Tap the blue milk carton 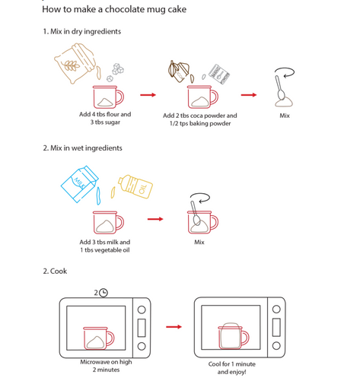pos(79,184)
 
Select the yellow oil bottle pos(135,186)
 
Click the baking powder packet pos(219,74)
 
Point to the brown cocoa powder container pos(179,71)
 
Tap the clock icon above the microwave pos(104,293)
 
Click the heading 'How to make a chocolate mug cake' pos(114,9)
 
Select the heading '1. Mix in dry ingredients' pos(82,31)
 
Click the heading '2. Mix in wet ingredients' pos(82,148)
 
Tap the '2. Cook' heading pos(55,271)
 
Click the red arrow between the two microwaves pos(174,327)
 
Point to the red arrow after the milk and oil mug pos(155,219)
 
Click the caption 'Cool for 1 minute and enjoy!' pos(232,368)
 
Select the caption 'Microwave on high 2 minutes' pos(106,366)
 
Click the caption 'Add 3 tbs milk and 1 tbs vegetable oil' pos(105,246)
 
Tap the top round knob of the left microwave pos(142,310)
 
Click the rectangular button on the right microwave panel pos(276,327)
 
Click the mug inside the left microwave pos(99,338)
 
